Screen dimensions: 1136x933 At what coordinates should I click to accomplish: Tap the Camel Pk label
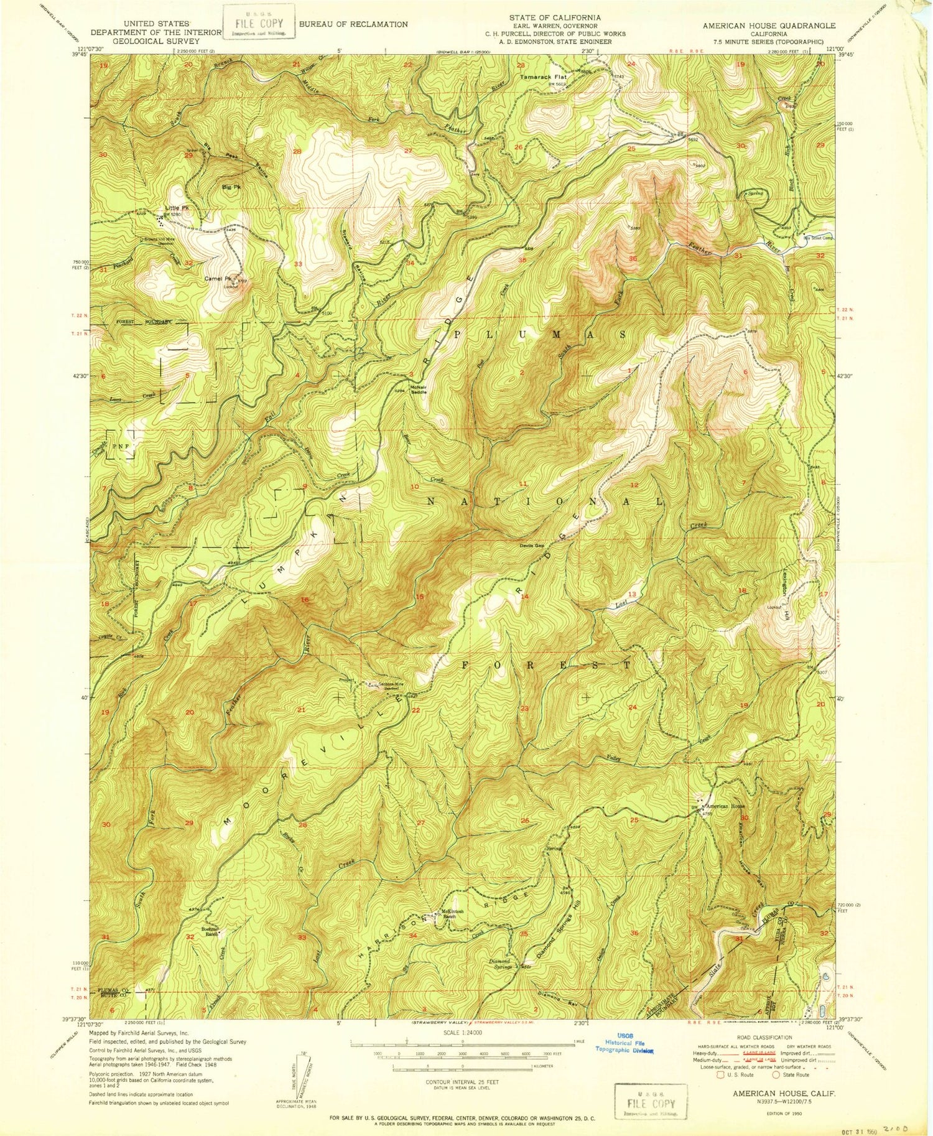(217, 279)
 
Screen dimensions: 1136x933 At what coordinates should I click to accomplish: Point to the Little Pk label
(176, 208)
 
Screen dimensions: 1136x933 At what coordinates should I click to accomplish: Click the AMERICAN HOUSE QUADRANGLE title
(769, 26)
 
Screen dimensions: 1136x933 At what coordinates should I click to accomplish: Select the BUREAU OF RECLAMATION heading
(353, 24)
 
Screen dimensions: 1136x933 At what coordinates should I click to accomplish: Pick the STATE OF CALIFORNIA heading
(555, 17)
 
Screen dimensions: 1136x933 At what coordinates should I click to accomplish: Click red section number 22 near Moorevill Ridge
(415, 710)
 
